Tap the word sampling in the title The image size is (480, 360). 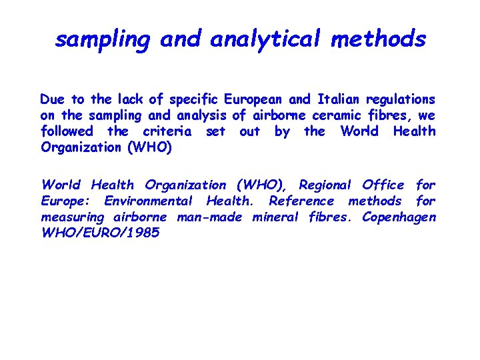103,40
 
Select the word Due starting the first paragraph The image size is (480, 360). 53,99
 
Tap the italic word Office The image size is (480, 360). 383,185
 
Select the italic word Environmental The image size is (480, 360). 148,201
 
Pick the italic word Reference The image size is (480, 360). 301,201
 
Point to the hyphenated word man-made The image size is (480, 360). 211,217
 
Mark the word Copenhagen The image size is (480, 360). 399,217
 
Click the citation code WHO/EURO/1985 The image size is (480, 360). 100,233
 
